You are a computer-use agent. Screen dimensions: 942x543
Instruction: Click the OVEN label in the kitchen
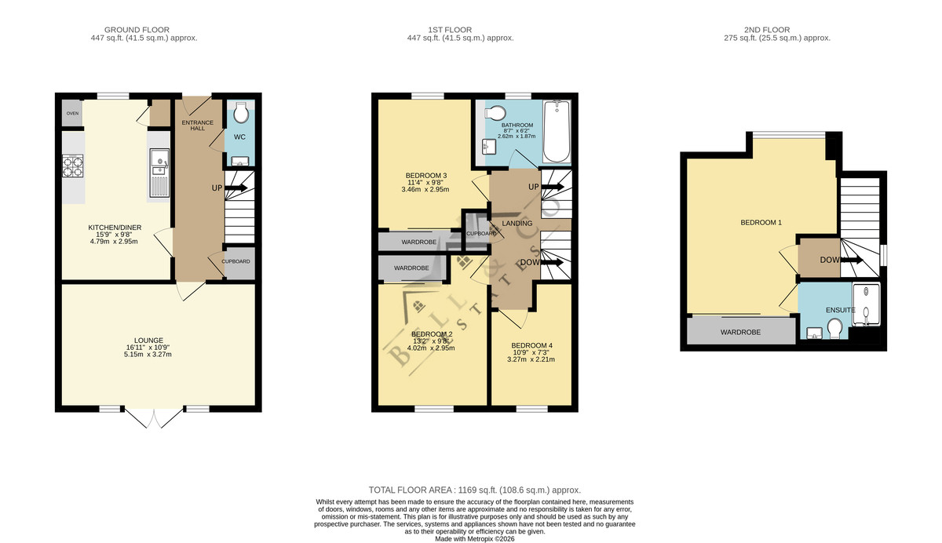(72, 114)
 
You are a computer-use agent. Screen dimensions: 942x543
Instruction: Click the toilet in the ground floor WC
(241, 112)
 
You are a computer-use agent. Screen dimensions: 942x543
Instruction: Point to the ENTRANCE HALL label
(198, 126)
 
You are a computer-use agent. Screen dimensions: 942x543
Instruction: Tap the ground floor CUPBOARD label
(236, 261)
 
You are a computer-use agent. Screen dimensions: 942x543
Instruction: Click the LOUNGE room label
(148, 341)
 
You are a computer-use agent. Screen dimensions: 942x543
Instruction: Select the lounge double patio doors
(154, 417)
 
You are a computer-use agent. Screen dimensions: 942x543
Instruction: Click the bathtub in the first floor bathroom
(557, 131)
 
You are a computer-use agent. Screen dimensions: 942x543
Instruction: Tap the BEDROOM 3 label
(426, 175)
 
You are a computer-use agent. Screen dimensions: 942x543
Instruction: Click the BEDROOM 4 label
(532, 345)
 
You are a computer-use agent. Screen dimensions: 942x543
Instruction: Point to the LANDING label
(517, 223)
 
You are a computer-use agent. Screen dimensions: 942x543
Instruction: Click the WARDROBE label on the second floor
(740, 332)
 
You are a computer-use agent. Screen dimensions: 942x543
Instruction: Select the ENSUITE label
(841, 310)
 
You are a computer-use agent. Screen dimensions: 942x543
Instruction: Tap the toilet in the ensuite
(834, 328)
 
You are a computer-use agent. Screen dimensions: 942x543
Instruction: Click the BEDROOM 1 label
(761, 222)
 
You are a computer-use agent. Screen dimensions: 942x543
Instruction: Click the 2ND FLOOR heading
(767, 30)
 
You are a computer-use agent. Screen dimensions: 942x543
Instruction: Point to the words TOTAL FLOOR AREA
(410, 490)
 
